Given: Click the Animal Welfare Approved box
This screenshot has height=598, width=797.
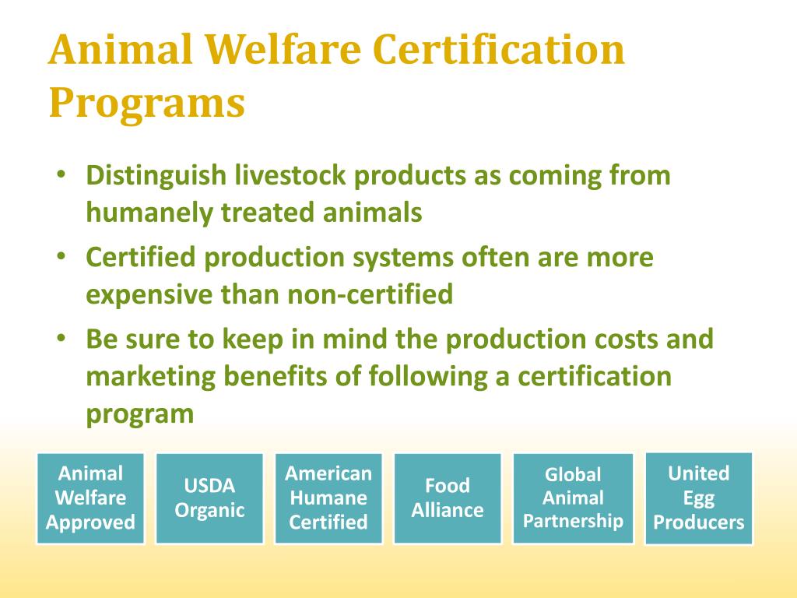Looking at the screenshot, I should tap(90, 498).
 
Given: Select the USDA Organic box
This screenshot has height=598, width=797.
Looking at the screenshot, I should tap(209, 498).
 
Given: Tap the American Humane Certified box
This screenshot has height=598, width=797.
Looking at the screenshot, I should tap(328, 498).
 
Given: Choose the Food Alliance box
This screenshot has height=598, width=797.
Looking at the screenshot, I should tap(448, 498).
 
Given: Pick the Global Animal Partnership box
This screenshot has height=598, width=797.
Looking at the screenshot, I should tap(574, 498).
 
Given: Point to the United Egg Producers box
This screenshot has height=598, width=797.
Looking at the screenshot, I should tap(699, 498).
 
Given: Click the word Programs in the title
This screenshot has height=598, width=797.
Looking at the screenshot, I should tap(147, 103).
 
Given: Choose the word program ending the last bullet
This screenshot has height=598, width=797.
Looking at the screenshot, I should tap(139, 414).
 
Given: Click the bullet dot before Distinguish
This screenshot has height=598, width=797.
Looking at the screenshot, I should tap(61, 175).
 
